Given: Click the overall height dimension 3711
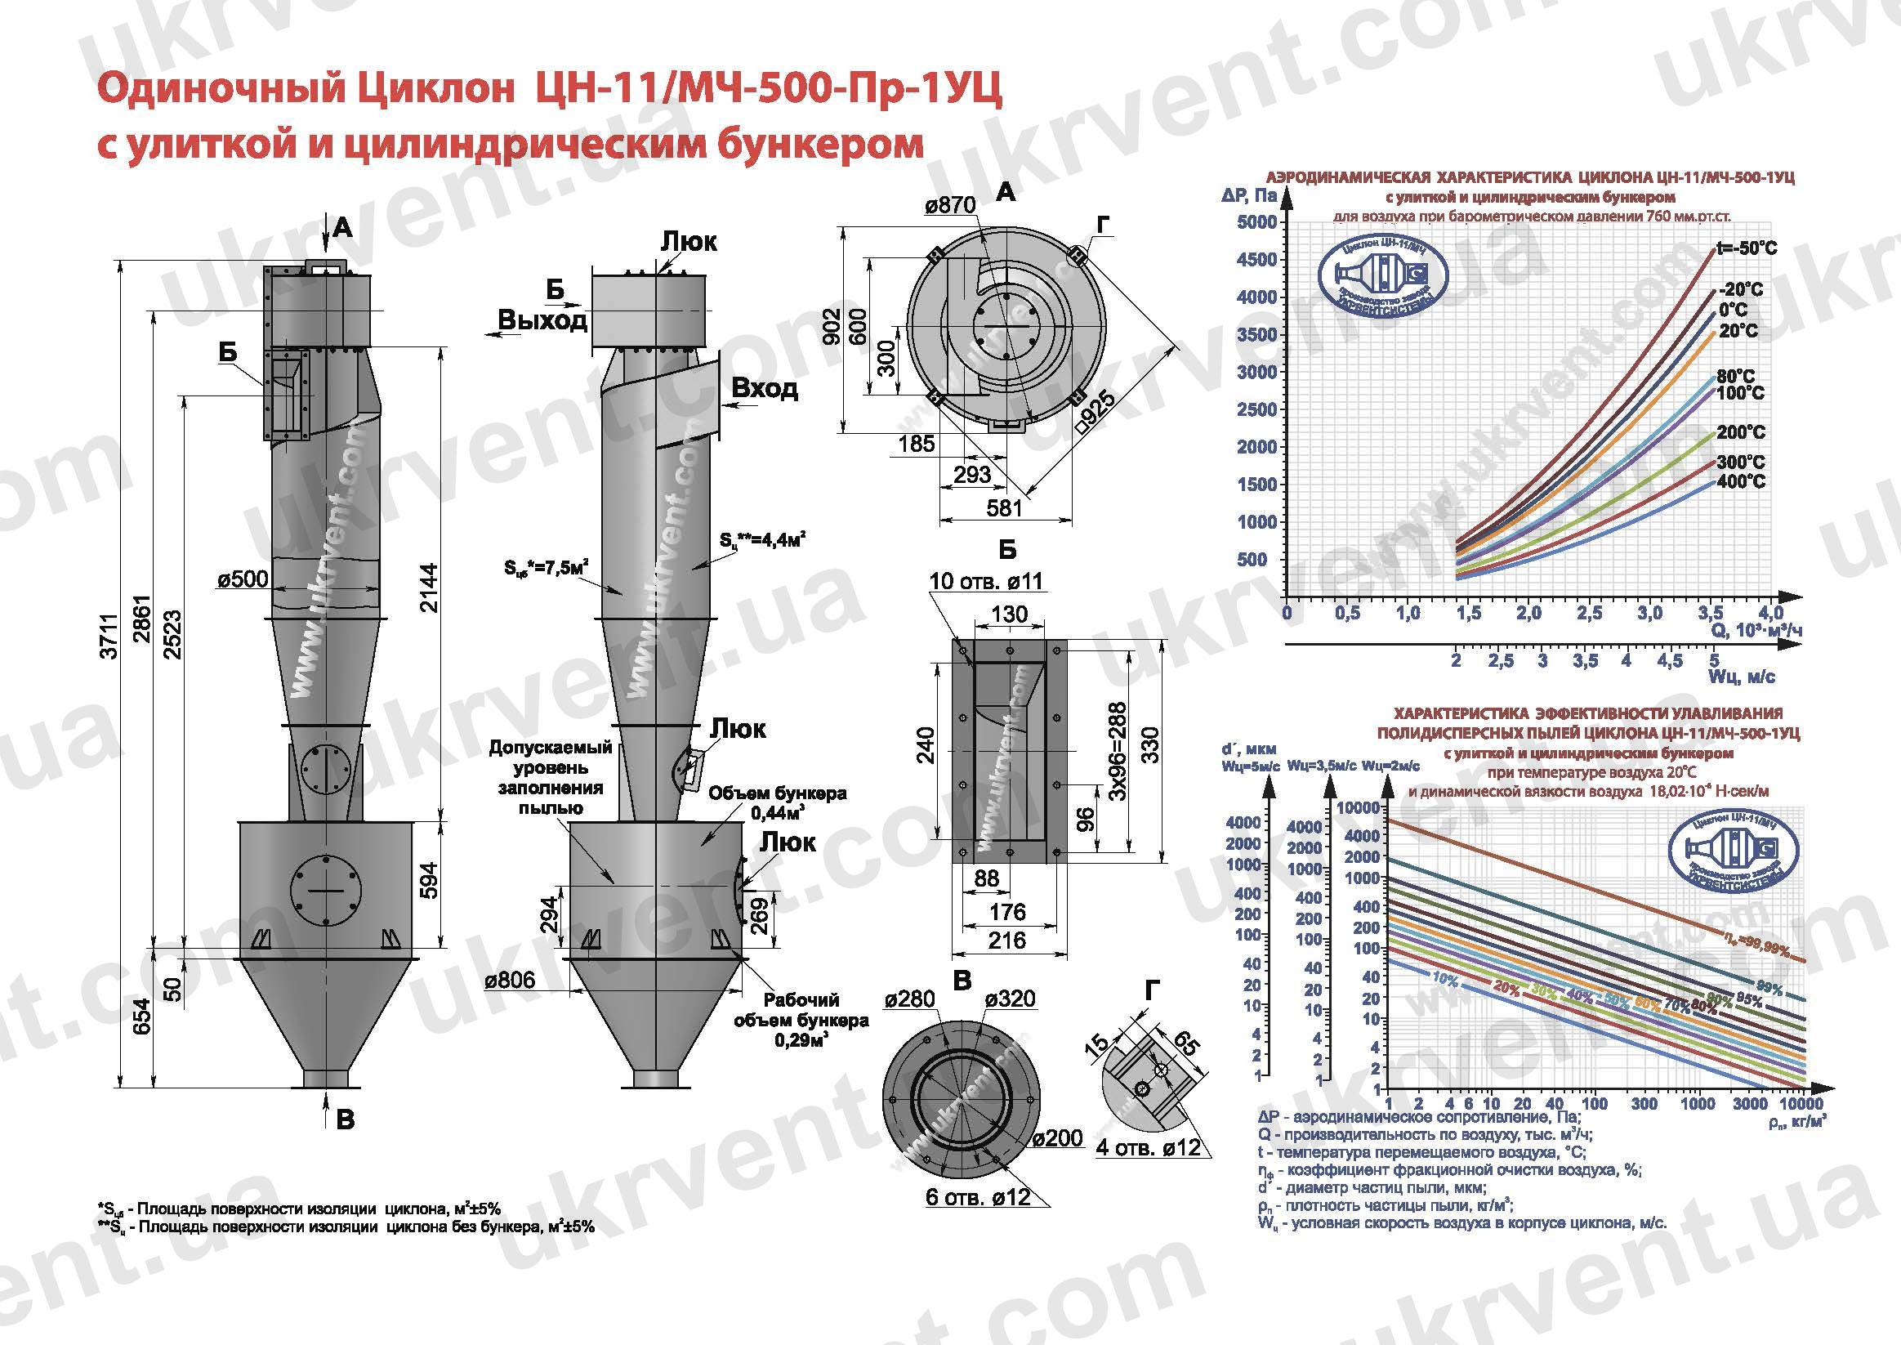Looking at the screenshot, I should [x=109, y=636].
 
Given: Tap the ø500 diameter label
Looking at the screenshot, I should [x=243, y=579].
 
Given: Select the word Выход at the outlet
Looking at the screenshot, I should [x=542, y=319].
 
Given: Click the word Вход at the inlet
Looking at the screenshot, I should [x=764, y=388].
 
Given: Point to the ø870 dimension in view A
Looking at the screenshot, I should [x=951, y=204].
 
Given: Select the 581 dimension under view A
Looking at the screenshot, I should [x=1003, y=507].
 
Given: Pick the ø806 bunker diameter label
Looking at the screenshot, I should [x=510, y=981].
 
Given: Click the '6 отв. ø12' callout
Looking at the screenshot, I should [x=978, y=1198].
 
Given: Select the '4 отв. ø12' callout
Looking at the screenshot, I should [x=1148, y=1148].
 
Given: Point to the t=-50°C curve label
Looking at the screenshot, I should [x=1746, y=248].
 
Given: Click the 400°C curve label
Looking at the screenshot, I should [x=1740, y=481].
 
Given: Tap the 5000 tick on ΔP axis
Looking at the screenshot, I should [x=1256, y=222].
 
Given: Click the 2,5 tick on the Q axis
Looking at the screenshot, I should [x=1588, y=613].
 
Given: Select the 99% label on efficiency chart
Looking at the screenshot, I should [x=1769, y=988].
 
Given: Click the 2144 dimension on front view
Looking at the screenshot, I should [x=428, y=588].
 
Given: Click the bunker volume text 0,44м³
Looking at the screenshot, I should [x=778, y=813].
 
